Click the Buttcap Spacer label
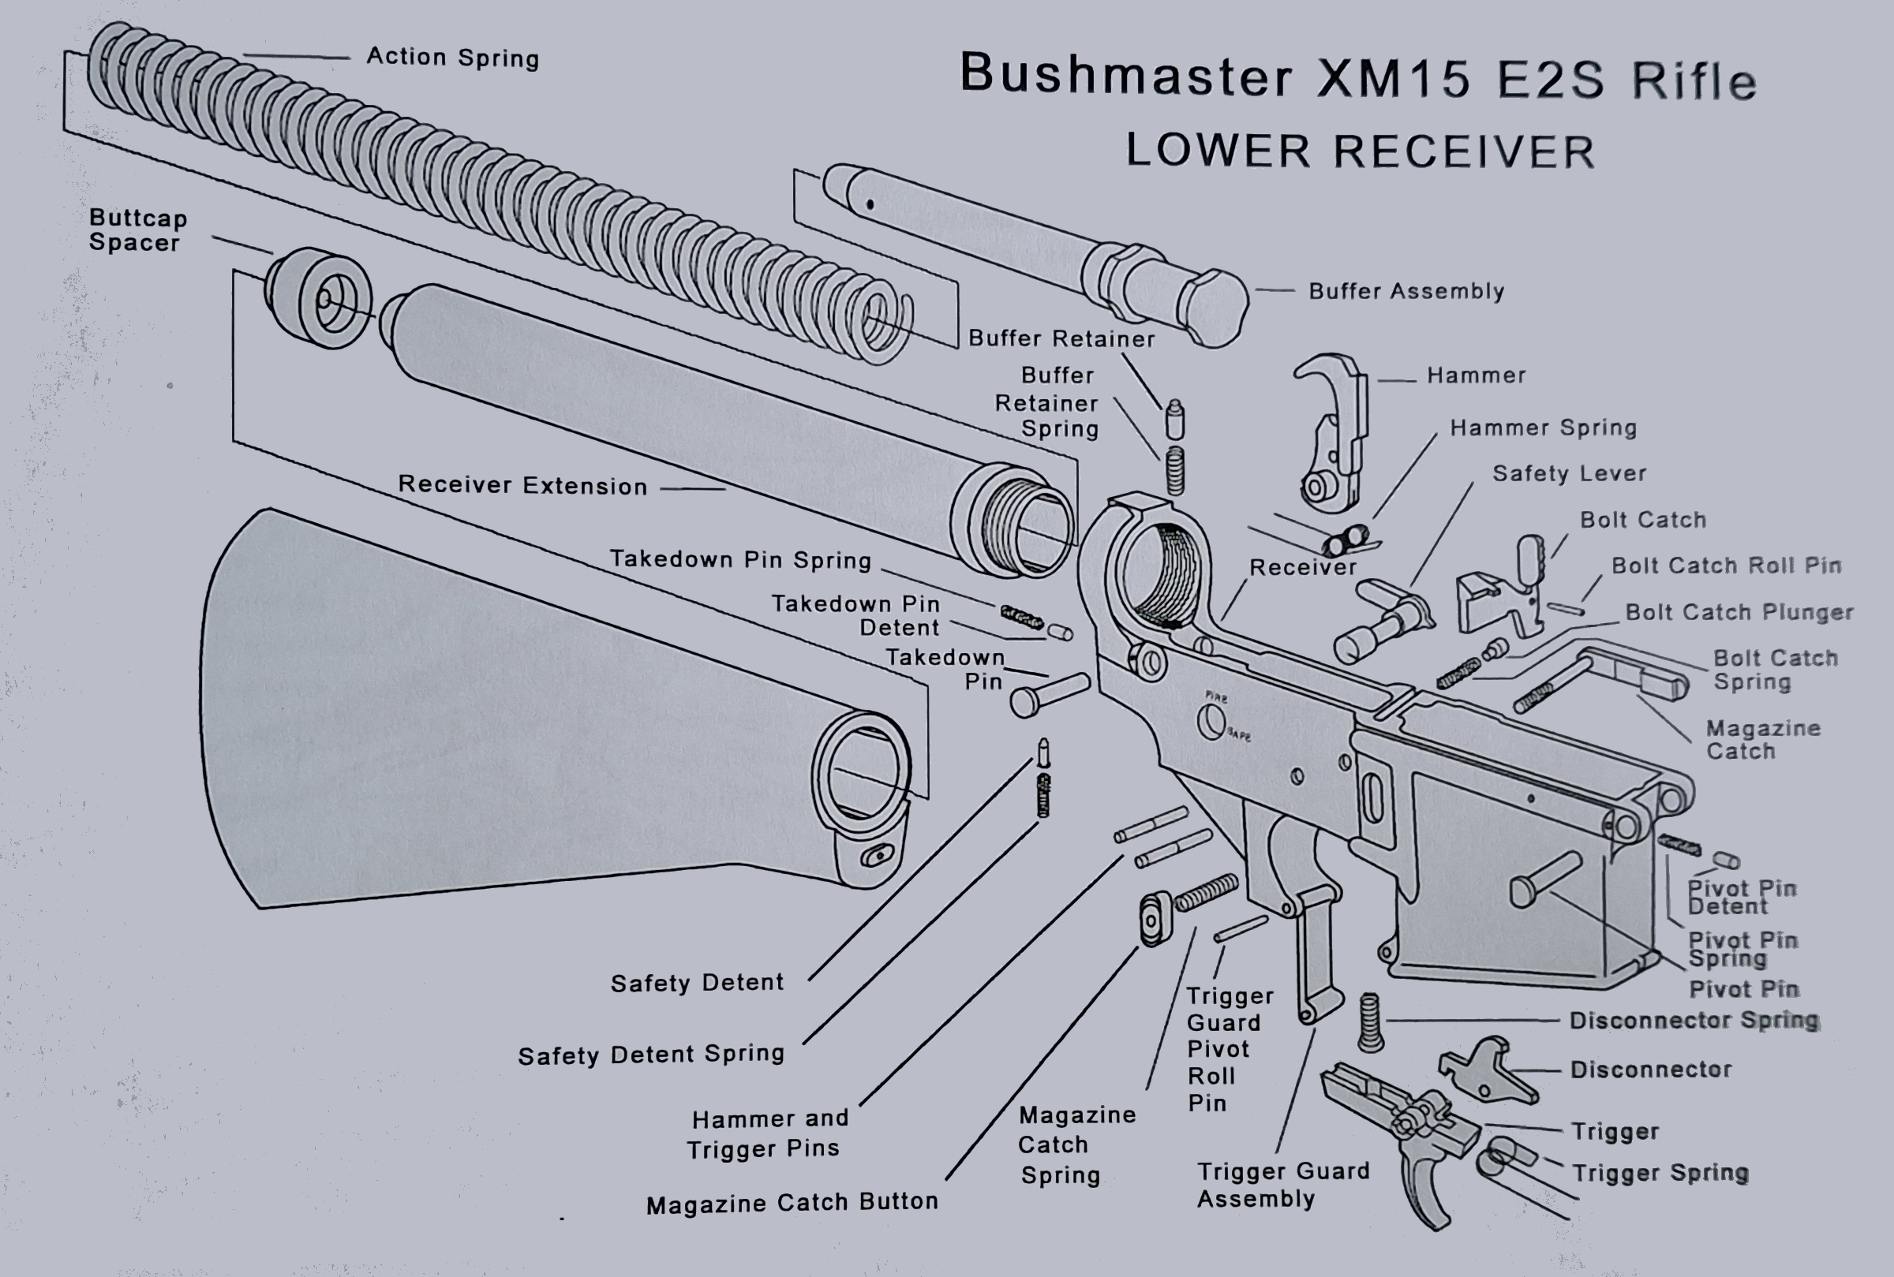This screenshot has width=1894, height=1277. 137,230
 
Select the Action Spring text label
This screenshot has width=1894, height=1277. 452,57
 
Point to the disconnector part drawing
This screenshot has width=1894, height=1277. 1487,1070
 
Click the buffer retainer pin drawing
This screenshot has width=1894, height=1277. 1175,420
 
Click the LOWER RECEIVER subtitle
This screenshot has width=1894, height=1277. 1360,151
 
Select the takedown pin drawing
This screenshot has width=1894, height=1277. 1049,695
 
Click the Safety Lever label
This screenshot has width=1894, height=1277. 1569,473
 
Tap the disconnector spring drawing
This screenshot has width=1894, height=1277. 1370,1022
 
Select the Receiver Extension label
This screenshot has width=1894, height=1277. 522,485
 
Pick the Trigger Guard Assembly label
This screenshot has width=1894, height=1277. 1282,1184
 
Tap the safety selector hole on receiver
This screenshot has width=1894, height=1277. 1212,722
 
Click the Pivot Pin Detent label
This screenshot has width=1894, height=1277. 1741,898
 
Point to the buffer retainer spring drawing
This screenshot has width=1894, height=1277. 1175,471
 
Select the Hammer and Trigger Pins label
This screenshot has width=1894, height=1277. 768,1133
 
